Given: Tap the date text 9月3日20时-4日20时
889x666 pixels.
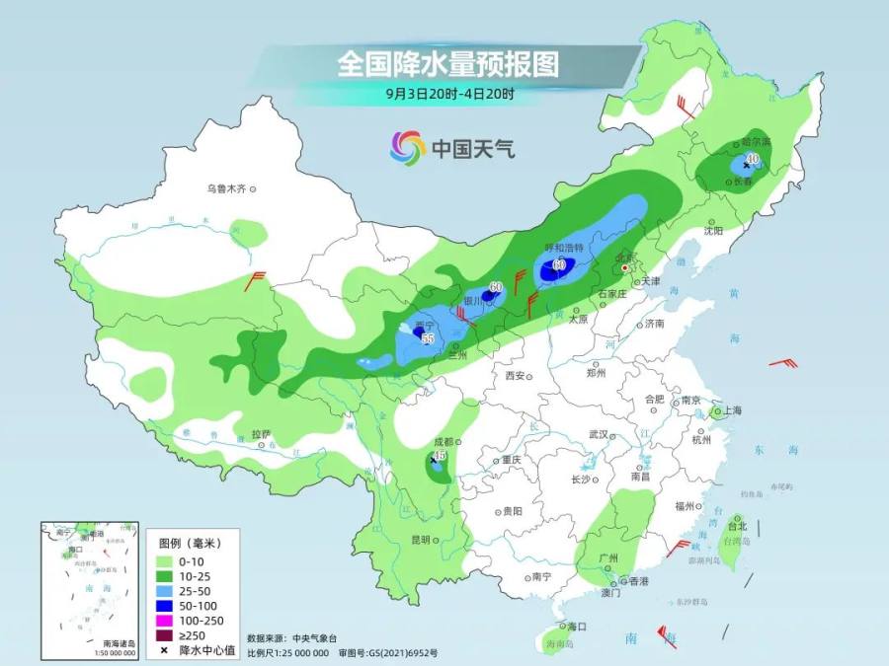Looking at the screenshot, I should point(450,95).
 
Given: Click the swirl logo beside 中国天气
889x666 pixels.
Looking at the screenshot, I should point(407,149).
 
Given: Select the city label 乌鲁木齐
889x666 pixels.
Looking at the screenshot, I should point(225,187).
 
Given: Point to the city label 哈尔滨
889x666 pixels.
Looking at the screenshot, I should point(755,142).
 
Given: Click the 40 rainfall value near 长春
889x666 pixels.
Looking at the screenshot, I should point(753,158).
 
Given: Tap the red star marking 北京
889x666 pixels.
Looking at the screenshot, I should point(623,265).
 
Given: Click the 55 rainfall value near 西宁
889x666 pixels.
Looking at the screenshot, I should point(428,338).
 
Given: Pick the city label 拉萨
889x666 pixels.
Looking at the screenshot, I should point(261,434).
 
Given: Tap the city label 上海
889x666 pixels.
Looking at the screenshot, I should point(732,409).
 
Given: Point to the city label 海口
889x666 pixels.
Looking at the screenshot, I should point(577,627).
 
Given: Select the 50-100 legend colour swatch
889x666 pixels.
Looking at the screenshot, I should point(167,605).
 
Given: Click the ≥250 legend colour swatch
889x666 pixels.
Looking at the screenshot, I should point(167,634).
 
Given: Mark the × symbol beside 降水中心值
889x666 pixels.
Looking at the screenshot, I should point(167,650).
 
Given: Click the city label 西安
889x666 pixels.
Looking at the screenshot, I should point(515,376).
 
